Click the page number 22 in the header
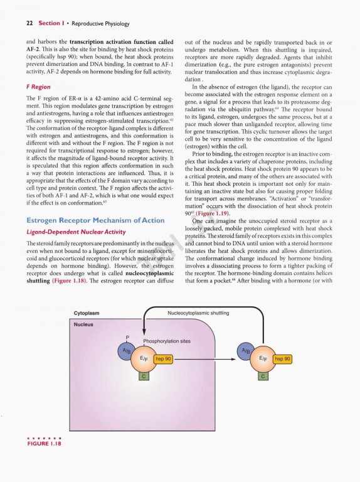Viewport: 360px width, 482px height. tap(29, 24)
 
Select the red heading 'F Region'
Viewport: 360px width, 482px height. tap(38, 87)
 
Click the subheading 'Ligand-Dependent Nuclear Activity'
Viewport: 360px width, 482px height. tap(70, 232)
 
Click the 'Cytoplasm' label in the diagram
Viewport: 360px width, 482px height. tap(88, 312)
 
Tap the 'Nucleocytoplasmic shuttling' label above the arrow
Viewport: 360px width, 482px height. tap(198, 312)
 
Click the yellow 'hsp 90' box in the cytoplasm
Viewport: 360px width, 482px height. tap(283, 359)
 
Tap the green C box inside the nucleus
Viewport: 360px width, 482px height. tap(144, 375)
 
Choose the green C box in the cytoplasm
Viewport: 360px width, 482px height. tap(262, 375)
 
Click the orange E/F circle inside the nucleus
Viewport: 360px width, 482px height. tap(143, 359)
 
